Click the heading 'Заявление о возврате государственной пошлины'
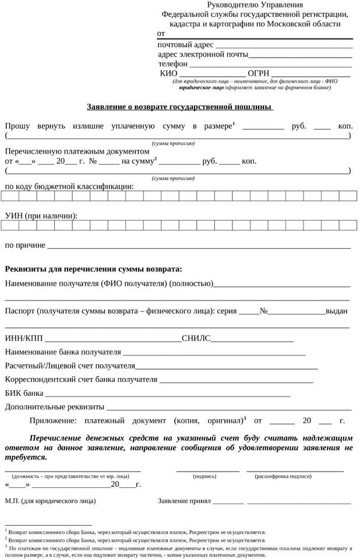[179, 107]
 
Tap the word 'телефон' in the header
[173, 63]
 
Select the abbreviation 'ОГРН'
[259, 73]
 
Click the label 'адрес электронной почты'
[203, 54]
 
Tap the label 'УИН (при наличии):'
[41, 215]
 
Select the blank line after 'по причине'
[199, 247]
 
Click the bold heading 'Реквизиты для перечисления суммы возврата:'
[93, 269]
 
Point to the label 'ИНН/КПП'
[23, 337]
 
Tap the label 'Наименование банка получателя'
[63, 352]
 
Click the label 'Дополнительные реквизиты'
[55, 406]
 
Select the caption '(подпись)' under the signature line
[204, 476]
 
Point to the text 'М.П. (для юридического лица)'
[51, 500]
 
